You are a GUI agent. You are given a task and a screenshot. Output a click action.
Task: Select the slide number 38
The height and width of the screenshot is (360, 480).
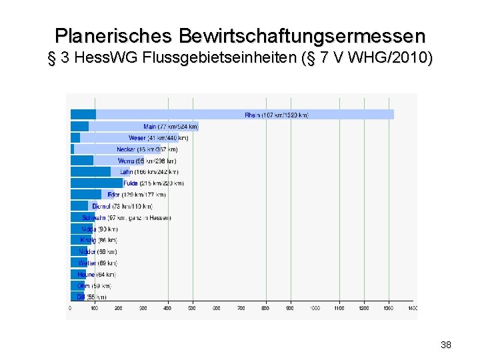click(446, 345)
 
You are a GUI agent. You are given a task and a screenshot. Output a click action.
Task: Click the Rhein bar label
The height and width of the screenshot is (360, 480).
click(277, 115)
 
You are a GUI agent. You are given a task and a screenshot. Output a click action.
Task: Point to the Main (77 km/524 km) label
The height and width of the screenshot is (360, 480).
click(171, 127)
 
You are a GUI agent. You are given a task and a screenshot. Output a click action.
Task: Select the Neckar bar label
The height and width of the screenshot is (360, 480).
click(147, 149)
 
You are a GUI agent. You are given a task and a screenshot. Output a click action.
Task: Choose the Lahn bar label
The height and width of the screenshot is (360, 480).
click(149, 172)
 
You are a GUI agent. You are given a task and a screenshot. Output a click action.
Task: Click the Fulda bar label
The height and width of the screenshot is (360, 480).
click(153, 183)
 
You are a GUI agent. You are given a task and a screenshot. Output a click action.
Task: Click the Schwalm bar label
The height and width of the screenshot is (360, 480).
click(126, 217)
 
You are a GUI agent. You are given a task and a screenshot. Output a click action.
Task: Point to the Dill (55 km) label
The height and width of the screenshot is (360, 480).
click(91, 297)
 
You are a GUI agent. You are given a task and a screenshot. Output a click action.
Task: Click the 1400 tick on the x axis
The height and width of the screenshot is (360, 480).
click(412, 308)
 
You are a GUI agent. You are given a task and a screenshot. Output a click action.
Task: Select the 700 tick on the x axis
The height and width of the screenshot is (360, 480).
click(241, 308)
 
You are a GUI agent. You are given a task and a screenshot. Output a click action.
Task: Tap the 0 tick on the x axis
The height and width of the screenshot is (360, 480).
click(70, 308)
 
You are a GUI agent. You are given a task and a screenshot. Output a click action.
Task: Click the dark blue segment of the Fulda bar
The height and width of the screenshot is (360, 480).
click(97, 183)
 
